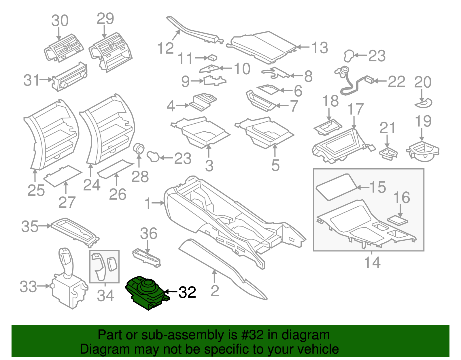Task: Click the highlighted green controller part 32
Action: point(146,293)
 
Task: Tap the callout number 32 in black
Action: point(187,292)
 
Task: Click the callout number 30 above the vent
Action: point(60,21)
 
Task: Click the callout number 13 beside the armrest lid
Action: point(320,48)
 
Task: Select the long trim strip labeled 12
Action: point(196,32)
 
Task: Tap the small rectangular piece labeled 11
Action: point(213,57)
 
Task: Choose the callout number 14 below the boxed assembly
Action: point(372,262)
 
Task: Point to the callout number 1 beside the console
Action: point(148,203)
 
